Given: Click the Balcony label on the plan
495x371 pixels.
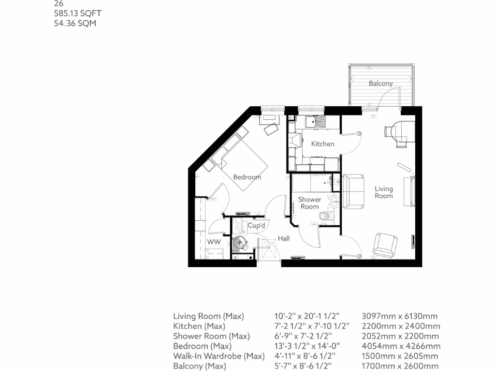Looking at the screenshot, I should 380,84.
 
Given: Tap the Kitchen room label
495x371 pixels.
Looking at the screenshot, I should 322,144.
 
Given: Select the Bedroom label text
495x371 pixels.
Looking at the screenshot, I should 247,177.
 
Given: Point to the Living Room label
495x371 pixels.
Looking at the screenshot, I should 384,192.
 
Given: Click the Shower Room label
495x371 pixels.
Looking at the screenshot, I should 309,203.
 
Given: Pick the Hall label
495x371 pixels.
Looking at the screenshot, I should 284,239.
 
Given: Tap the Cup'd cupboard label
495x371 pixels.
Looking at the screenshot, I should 256,226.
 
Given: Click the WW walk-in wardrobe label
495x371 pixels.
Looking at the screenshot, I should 214,242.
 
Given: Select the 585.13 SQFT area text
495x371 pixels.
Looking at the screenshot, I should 74,14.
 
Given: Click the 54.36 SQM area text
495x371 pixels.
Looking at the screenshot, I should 74,23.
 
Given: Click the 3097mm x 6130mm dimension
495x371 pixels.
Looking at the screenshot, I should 399,316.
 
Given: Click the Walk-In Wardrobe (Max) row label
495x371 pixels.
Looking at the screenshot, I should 219,357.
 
